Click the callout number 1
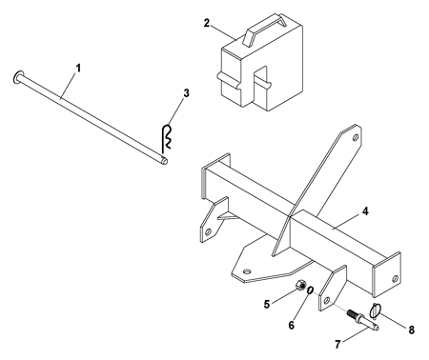pyautogui.click(x=78, y=69)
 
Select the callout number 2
pyautogui.click(x=207, y=23)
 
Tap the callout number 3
pyautogui.click(x=186, y=93)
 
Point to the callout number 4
pyautogui.click(x=365, y=211)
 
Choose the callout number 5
pyautogui.click(x=267, y=304)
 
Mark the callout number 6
pyautogui.click(x=292, y=325)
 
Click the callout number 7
pyautogui.click(x=337, y=344)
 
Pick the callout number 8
pyautogui.click(x=412, y=330)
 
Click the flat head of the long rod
pyautogui.click(x=17, y=76)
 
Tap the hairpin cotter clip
pyautogui.click(x=166, y=137)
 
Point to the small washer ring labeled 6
pyautogui.click(x=310, y=290)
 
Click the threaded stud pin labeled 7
pyautogui.click(x=363, y=319)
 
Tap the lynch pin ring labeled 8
pyautogui.click(x=375, y=310)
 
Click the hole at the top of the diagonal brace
pyautogui.click(x=356, y=137)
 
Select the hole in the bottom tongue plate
pyautogui.click(x=246, y=271)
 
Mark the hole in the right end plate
pyautogui.click(x=395, y=278)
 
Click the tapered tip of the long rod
pyautogui.click(x=165, y=161)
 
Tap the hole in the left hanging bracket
pyautogui.click(x=209, y=230)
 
